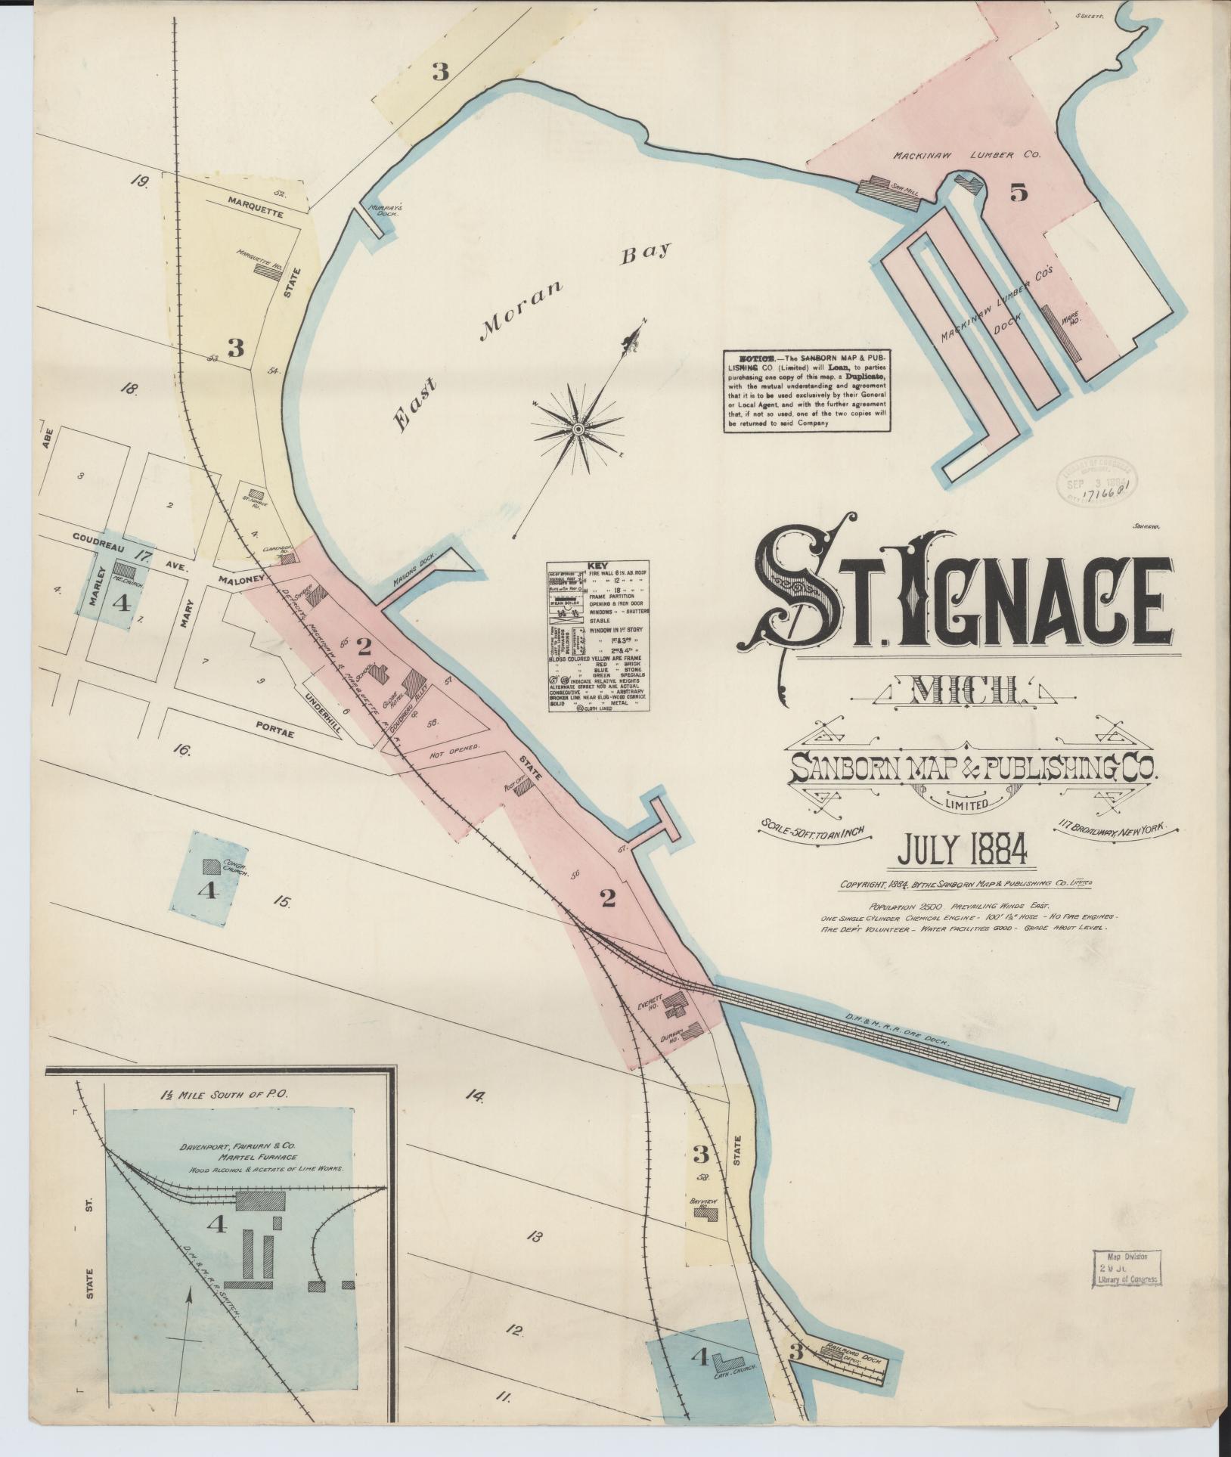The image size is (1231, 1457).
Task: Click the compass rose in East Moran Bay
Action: coord(578,429)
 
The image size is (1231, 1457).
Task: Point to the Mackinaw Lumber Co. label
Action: coord(967,154)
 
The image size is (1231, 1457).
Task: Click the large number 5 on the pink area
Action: coord(1018,194)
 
